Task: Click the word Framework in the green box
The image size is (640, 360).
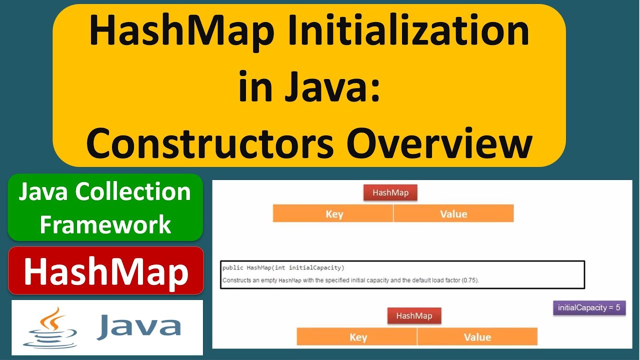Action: [x=105, y=224]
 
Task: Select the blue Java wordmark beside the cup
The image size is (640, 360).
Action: [x=139, y=326]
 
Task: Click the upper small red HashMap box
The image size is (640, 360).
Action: [x=390, y=193]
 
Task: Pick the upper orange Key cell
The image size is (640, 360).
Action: [x=333, y=214]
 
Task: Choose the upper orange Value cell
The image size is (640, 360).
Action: [x=453, y=214]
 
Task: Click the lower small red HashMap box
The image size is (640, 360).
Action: [x=414, y=315]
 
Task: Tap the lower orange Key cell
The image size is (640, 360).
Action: [x=357, y=337]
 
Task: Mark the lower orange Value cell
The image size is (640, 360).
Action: [x=477, y=337]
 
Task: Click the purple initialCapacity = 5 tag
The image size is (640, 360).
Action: [x=589, y=307]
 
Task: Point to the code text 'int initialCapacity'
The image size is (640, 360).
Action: [x=315, y=268]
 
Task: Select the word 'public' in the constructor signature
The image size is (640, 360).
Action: [x=232, y=268]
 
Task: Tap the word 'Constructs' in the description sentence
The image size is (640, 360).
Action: [x=237, y=280]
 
